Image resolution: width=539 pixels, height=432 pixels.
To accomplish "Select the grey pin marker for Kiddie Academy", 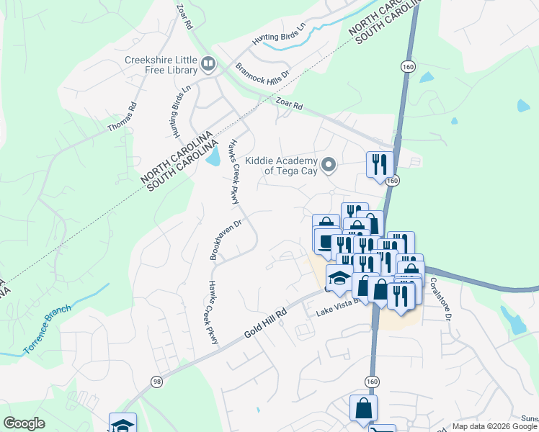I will coord(329,166).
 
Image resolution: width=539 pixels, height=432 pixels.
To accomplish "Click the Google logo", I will coord(24,423).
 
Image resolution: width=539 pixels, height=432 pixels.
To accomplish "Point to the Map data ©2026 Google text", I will coord(494,426).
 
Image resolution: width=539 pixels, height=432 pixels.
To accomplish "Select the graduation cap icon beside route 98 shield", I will coord(122,423).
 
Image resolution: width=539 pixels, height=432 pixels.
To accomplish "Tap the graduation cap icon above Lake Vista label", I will coord(339,276).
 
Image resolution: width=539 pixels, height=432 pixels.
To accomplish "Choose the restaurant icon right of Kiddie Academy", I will coord(378,163).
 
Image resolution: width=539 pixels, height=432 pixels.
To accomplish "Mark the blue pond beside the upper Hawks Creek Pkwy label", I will coord(213,156).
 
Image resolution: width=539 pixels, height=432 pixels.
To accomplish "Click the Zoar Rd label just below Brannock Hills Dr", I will coord(288,106).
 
